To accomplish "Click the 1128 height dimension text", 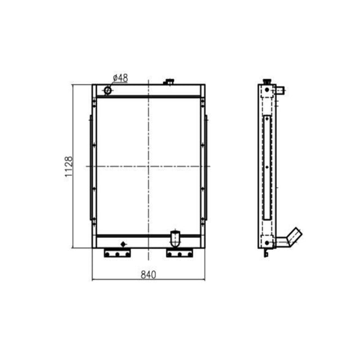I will (x=69, y=166).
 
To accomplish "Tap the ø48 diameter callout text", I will (x=120, y=78).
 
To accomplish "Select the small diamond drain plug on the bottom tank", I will (x=124, y=243).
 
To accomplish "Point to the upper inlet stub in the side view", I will (x=281, y=90).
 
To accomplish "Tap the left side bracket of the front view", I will (x=91, y=167).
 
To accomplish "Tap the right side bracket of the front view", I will (x=206, y=167).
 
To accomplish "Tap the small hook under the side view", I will (x=266, y=254).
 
